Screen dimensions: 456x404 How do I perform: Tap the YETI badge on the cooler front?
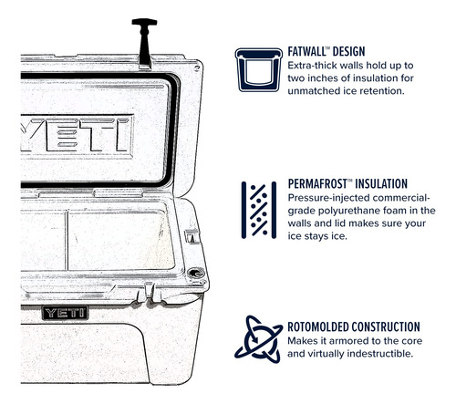(65, 313)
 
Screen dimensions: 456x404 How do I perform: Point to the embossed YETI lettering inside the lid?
(77, 135)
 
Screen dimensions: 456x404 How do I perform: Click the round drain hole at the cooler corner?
(195, 273)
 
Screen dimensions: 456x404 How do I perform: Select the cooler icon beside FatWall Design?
(259, 69)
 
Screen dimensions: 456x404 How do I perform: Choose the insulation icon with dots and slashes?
(259, 210)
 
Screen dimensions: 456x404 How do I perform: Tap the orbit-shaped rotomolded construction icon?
(259, 339)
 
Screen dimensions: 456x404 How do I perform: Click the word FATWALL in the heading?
(306, 51)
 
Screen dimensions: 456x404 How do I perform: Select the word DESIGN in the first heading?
(348, 51)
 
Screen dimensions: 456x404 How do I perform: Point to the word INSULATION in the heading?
(381, 184)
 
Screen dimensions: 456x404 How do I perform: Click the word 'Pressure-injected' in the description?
(328, 198)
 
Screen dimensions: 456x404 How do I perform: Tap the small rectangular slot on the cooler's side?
(192, 236)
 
